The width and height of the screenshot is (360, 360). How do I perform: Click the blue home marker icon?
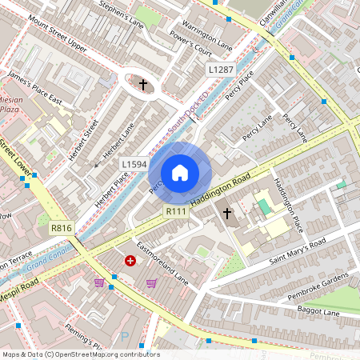coord(180,172)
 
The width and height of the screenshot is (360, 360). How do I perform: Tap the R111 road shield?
coord(176,210)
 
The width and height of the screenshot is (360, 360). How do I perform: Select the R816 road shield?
coord(62,229)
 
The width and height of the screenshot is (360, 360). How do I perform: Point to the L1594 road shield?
coord(134,164)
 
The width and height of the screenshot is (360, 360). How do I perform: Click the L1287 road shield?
coord(221,70)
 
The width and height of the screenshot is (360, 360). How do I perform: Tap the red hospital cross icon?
coord(130,261)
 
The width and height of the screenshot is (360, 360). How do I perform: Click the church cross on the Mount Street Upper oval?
coord(144,83)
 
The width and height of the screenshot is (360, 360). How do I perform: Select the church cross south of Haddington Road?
coord(227,214)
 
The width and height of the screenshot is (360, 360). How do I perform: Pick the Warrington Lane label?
coord(207,33)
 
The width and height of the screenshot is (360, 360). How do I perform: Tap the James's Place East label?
coord(34,87)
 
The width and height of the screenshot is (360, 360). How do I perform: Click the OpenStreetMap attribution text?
coord(80,354)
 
